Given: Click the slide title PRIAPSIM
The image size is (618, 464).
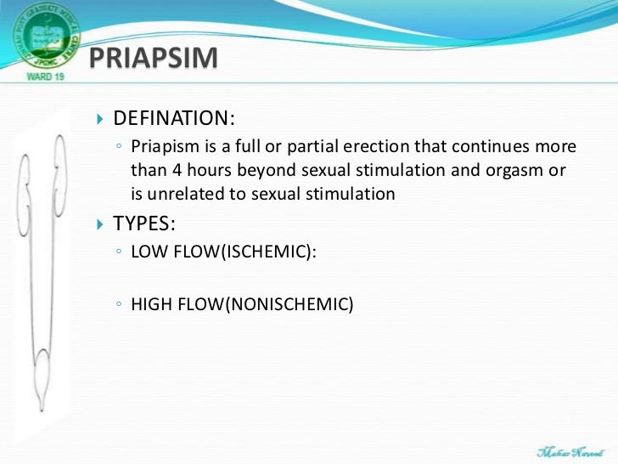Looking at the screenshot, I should (x=154, y=59).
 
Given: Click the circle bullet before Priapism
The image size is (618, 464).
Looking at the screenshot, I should (x=120, y=147).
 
